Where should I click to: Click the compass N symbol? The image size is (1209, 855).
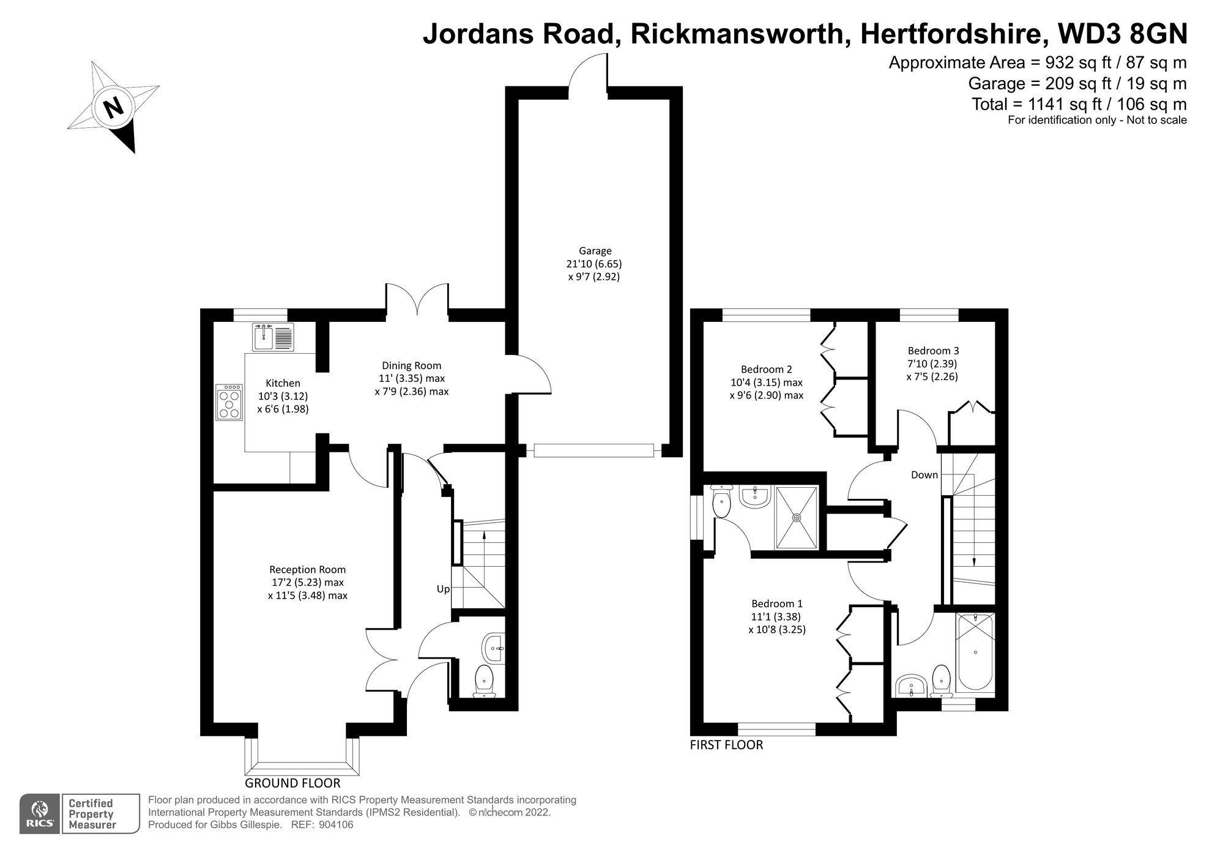(x=113, y=108)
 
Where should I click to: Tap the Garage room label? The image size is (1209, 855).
(x=595, y=250)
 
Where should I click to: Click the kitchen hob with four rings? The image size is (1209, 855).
(x=229, y=401)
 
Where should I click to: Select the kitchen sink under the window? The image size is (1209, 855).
(x=273, y=337)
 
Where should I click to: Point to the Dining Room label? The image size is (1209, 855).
(x=411, y=366)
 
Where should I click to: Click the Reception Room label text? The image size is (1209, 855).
(x=307, y=570)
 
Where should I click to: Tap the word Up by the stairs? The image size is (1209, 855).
(x=443, y=589)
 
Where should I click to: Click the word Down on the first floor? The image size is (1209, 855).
(x=924, y=475)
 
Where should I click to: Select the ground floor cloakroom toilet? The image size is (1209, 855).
(x=485, y=681)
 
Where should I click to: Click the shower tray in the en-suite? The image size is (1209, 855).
(x=796, y=518)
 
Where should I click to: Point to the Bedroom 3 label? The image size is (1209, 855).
(x=933, y=351)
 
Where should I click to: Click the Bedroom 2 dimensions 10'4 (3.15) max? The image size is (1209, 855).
(x=766, y=383)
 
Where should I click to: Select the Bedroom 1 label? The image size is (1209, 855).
(x=777, y=603)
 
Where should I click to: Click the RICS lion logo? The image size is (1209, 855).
(x=40, y=813)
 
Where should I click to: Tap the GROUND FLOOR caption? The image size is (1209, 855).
(x=292, y=783)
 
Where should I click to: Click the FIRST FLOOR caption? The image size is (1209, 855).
(x=726, y=745)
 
